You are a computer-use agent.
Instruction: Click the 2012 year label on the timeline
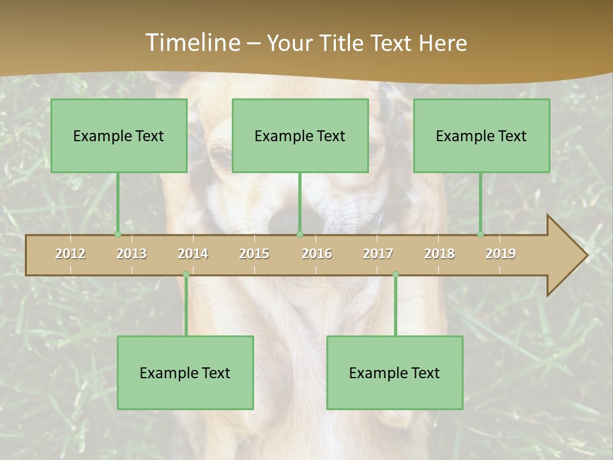coord(70,254)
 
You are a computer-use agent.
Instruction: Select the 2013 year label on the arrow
coord(132,254)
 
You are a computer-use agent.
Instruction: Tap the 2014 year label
coord(193,254)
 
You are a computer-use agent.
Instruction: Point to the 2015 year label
coord(254,254)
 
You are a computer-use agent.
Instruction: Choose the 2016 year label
coord(317,254)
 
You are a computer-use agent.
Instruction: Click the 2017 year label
coord(378,254)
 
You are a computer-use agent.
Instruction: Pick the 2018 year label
coord(439,254)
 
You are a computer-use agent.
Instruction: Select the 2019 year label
coord(501,254)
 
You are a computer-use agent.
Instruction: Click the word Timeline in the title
coord(192,43)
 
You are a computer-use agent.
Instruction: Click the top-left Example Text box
coord(119,135)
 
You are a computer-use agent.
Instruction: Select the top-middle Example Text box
coord(300,135)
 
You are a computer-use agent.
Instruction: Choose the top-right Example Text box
coord(481,135)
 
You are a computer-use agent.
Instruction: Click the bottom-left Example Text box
coord(185,372)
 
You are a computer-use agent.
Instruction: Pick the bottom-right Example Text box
coord(395,372)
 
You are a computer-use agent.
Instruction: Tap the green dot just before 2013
coord(117,234)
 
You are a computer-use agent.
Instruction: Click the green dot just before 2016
coord(300,234)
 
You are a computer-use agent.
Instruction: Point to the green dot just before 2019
coord(481,234)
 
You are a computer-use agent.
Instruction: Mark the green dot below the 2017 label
coord(395,274)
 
